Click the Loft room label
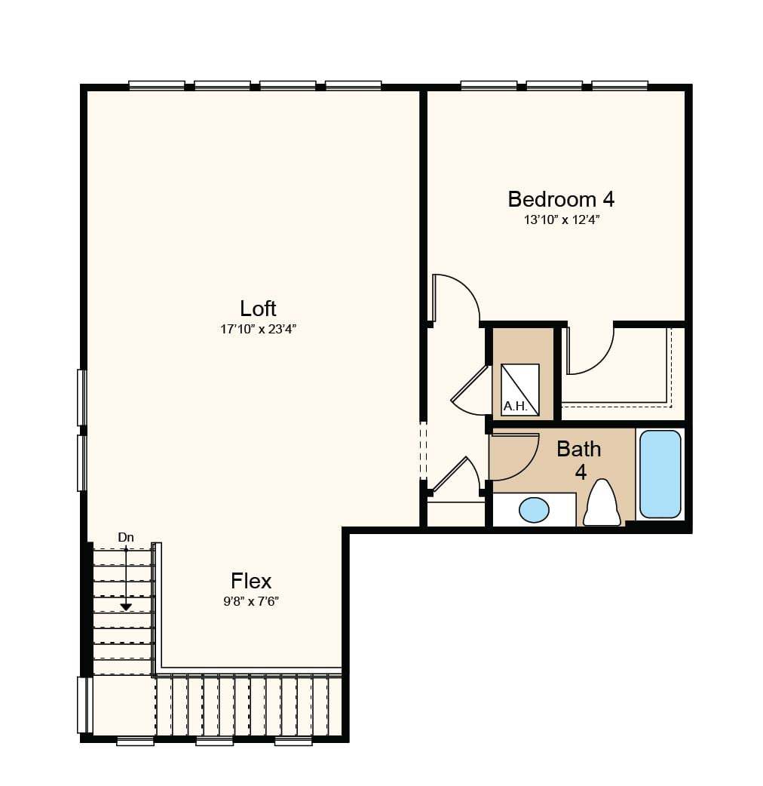[258, 309]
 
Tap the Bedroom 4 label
[561, 199]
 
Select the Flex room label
[251, 581]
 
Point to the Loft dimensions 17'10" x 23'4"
[259, 330]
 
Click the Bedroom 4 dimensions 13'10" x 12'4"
[562, 220]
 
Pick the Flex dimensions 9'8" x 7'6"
[251, 601]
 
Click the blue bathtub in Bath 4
[660, 474]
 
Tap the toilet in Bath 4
[602, 503]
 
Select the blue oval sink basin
[534, 510]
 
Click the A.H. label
[515, 406]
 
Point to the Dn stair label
[126, 537]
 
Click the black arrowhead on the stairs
[126, 607]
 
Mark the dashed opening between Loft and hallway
[423, 451]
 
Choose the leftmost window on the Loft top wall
[157, 85]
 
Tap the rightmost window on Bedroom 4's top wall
[620, 85]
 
